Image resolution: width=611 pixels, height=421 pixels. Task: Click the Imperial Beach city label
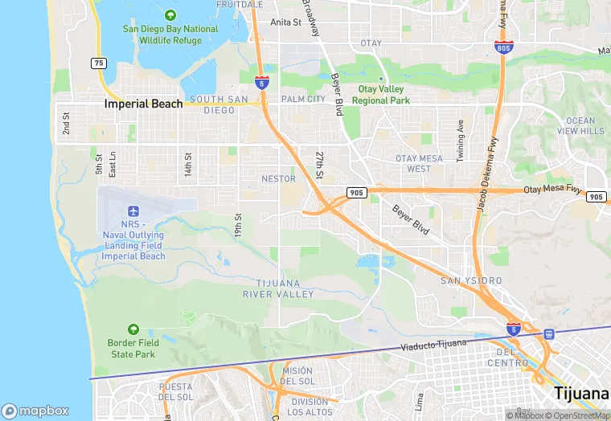(x=143, y=104)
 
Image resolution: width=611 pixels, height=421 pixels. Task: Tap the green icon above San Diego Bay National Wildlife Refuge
(x=170, y=15)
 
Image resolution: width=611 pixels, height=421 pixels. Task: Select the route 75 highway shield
(x=99, y=63)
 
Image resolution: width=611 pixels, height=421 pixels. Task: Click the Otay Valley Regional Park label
(x=383, y=95)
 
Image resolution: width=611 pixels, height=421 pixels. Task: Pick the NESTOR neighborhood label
(x=278, y=178)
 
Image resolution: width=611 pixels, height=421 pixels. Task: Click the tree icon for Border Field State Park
(x=133, y=329)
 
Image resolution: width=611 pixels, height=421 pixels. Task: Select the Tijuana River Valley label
(x=278, y=288)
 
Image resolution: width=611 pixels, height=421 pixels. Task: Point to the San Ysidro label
(x=471, y=280)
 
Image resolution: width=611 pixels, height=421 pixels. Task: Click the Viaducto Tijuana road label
(x=433, y=345)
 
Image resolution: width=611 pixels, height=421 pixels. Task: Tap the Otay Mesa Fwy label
(x=552, y=190)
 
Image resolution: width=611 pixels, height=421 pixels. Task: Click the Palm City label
(x=302, y=100)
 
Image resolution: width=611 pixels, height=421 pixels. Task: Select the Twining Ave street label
(x=460, y=141)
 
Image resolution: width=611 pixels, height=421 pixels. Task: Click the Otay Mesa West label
(x=418, y=163)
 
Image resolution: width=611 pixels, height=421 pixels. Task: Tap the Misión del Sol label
(x=298, y=374)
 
